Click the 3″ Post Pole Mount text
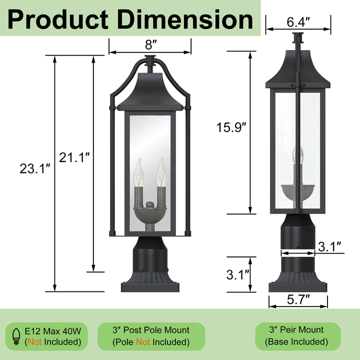point(151,330)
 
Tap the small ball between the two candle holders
point(150,204)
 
